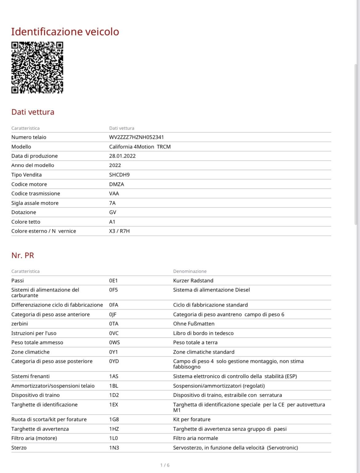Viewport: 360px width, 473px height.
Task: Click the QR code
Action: point(37,67)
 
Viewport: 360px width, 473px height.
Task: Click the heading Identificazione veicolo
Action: point(65,32)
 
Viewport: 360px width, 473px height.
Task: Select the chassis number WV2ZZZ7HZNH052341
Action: point(136,137)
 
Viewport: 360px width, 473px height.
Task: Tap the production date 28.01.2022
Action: point(122,156)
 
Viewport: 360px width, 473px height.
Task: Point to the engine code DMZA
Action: point(116,184)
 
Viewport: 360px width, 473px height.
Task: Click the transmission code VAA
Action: point(114,194)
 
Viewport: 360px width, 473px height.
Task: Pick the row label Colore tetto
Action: point(26,222)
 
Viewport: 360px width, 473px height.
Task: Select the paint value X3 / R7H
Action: point(119,231)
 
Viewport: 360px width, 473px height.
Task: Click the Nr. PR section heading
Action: point(22,255)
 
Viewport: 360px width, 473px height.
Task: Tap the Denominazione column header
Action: point(190,271)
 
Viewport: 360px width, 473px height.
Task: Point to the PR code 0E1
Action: point(113,281)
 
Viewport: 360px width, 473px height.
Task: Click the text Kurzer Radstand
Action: point(193,281)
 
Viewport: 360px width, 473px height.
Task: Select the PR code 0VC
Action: point(114,333)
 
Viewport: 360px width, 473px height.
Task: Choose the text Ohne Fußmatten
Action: point(194,324)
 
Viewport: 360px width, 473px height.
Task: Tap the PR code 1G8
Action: point(114,419)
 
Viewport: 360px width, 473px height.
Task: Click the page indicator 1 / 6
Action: point(165,465)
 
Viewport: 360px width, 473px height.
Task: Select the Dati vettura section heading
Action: point(33,112)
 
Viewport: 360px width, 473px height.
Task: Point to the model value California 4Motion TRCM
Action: point(140,147)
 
